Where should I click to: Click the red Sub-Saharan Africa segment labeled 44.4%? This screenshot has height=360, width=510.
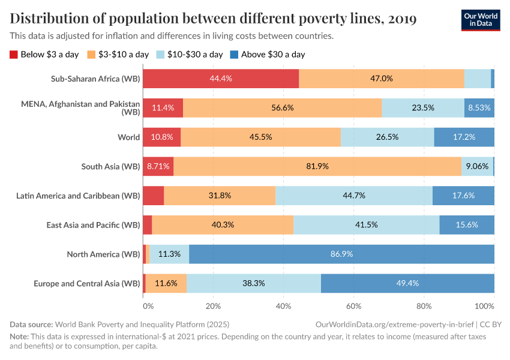(x=221, y=79)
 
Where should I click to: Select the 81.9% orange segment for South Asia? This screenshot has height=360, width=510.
(x=317, y=166)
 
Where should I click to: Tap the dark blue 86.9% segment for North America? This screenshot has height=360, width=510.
(x=341, y=254)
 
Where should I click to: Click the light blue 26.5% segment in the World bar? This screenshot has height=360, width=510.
(x=387, y=137)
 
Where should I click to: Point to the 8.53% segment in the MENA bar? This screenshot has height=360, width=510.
(x=479, y=108)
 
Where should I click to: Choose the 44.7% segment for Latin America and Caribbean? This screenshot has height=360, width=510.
(x=353, y=196)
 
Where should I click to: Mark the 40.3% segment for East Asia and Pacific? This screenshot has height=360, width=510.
(x=223, y=225)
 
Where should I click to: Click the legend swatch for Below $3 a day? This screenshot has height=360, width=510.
(x=14, y=55)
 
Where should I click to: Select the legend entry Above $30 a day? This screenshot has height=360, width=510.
(x=272, y=55)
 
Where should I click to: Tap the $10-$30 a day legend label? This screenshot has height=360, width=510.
(x=194, y=55)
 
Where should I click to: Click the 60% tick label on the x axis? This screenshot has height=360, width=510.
(x=353, y=305)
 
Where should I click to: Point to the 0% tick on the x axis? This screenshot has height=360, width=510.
(x=148, y=305)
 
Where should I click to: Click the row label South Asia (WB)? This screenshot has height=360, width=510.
(x=110, y=166)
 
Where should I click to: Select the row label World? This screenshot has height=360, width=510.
(x=128, y=137)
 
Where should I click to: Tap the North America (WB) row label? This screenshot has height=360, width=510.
(x=103, y=254)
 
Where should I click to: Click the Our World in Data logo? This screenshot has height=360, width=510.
(x=480, y=19)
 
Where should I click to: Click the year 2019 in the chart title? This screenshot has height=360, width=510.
(x=402, y=19)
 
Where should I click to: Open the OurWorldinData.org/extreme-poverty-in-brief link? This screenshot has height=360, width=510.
(x=393, y=324)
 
